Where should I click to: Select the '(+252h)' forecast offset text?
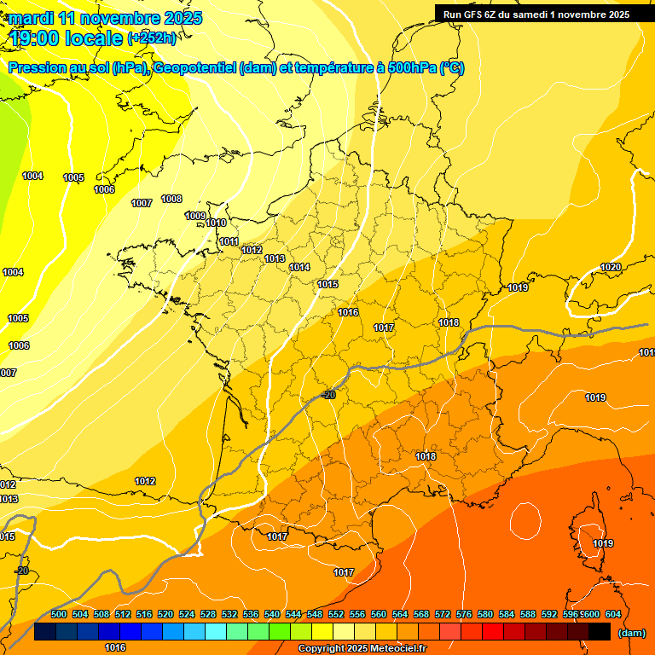coord(152,38)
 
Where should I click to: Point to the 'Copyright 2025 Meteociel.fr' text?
coord(362,649)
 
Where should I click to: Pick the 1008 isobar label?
coord(171,199)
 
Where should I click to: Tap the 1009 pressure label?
coord(195,216)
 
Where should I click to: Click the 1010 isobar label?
coord(216,223)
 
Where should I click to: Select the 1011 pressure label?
coord(229,242)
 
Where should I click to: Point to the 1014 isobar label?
coord(299,267)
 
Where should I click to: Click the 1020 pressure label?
coord(611,267)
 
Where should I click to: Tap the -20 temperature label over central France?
coord(328,394)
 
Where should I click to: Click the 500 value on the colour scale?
coord(59,614)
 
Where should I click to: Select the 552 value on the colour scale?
coord(336,614)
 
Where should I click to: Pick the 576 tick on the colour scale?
coord(464,614)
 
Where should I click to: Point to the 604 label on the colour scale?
coord(613,614)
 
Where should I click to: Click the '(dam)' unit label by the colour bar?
coord(631,633)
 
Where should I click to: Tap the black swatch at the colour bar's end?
coord(600,632)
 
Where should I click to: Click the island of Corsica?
coord(588,533)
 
